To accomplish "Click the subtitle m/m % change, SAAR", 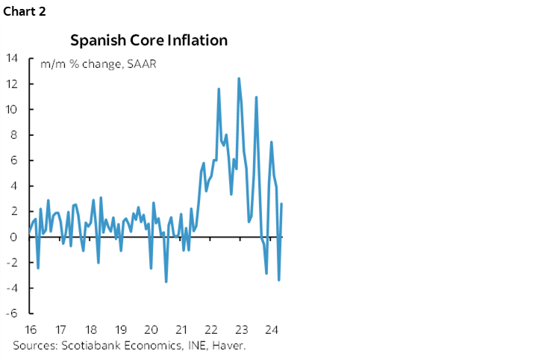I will pos(97,63).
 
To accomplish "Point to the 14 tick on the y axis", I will pos(13,58).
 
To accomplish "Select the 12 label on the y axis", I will pos(13,84).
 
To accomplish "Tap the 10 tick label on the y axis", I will pos(13,109).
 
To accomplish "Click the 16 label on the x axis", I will pos(31,329).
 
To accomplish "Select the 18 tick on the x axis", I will pos(90,329).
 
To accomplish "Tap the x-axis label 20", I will pos(150,329).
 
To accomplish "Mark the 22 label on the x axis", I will pos(210,329).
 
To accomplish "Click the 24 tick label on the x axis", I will pos(271,329).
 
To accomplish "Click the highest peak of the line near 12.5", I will pos(239,78).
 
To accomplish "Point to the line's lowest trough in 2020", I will pos(166,282).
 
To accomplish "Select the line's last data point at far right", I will pos(281,204).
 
